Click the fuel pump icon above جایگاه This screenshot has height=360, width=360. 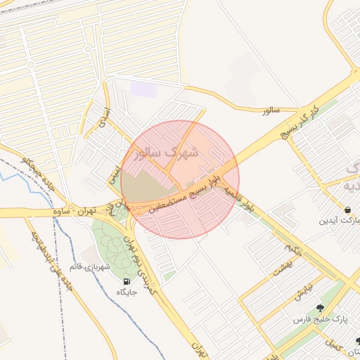coord(126,281)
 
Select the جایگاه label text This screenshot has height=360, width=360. coord(126,292)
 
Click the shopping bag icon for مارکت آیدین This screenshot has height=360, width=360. coord(348,210)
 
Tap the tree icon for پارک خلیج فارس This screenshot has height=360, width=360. coord(320,307)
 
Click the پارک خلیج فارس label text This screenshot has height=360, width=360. coord(320,319)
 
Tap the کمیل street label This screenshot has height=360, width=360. coord(332,344)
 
